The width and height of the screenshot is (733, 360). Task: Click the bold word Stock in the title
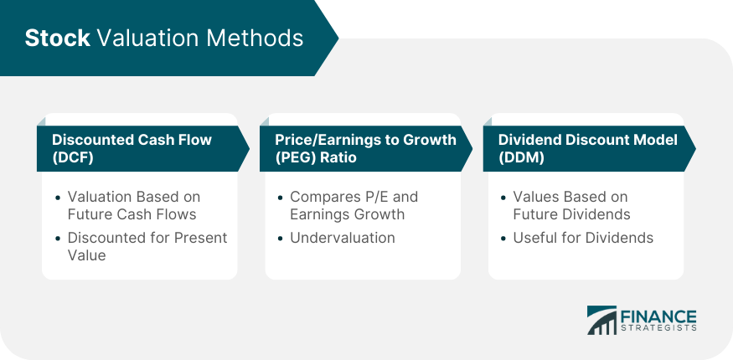[57, 38]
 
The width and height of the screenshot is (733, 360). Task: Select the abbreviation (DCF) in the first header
[72, 157]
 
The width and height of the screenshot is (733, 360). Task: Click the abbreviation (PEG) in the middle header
[296, 157]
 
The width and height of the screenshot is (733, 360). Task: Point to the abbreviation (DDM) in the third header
[521, 157]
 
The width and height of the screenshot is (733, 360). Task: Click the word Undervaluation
[342, 238]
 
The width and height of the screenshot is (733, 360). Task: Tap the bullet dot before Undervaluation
[281, 239]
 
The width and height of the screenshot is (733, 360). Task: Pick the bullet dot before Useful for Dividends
[503, 239]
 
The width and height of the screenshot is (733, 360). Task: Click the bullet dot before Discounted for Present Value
[58, 239]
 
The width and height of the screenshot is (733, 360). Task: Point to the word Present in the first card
[200, 238]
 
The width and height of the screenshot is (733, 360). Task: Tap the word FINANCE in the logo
[658, 316]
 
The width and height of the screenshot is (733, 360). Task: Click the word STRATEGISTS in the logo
[658, 328]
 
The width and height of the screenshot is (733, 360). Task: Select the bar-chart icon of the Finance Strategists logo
[601, 321]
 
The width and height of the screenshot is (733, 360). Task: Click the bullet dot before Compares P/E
[281, 198]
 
